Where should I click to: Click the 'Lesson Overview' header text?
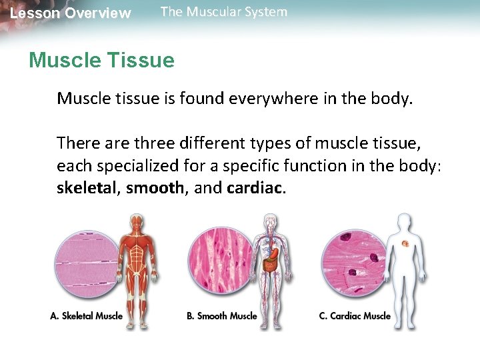[x=71, y=13]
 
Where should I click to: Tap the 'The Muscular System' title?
[x=224, y=12]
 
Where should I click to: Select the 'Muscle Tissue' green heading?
[x=101, y=61]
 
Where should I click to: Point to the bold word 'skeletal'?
[x=86, y=188]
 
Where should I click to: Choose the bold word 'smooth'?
[x=155, y=188]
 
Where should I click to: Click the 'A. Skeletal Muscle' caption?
[x=87, y=316]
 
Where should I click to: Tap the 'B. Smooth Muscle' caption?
[x=222, y=316]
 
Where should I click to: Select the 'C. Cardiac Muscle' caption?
[x=355, y=316]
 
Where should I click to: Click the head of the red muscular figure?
[x=137, y=222]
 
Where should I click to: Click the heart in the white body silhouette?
[x=405, y=245]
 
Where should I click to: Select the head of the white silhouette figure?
[x=403, y=222]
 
